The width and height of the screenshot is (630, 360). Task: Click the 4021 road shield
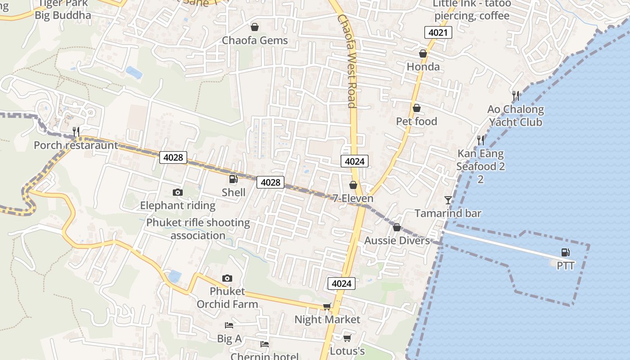click(438, 32)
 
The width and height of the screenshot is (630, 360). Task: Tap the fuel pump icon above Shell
click(233, 179)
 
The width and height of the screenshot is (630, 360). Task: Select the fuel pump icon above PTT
click(566, 253)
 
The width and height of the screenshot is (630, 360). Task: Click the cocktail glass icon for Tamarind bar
click(448, 200)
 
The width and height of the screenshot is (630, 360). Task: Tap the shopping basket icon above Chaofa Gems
click(255, 27)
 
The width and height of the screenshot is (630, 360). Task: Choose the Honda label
click(423, 67)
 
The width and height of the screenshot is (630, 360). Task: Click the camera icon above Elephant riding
click(178, 193)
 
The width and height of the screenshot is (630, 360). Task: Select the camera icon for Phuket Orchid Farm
click(227, 278)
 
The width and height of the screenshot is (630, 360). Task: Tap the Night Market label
click(327, 319)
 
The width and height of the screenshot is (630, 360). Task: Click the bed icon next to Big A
click(229, 325)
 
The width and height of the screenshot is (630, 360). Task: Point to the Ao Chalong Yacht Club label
click(516, 116)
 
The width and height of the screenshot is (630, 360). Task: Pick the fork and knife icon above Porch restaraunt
click(76, 131)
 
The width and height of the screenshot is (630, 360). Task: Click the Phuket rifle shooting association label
click(198, 229)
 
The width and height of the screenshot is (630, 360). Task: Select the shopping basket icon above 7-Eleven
click(353, 185)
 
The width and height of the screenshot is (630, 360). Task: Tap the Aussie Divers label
click(397, 241)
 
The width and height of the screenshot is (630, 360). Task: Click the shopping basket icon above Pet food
click(417, 108)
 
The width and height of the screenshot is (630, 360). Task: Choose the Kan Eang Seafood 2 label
click(481, 160)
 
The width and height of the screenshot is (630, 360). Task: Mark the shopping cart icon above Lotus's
click(347, 337)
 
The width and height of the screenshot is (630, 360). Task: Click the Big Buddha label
click(63, 15)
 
